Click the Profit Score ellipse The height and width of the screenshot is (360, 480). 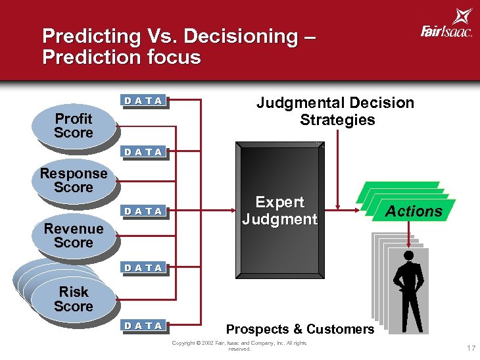pyautogui.click(x=73, y=126)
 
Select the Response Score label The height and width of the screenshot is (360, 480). pyautogui.click(x=73, y=180)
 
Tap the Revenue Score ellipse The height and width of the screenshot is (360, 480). pyautogui.click(x=73, y=236)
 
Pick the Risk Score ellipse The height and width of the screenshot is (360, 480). pyautogui.click(x=73, y=299)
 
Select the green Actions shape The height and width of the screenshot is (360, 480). pyautogui.click(x=413, y=211)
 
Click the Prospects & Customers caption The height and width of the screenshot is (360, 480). pyautogui.click(x=300, y=328)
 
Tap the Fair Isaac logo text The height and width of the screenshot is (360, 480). pyautogui.click(x=446, y=30)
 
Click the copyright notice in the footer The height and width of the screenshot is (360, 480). pyautogui.click(x=240, y=346)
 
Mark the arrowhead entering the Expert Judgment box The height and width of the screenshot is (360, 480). pyautogui.click(x=233, y=211)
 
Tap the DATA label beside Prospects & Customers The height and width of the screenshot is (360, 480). pyautogui.click(x=144, y=325)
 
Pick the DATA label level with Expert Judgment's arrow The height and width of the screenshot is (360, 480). pyautogui.click(x=144, y=211)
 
